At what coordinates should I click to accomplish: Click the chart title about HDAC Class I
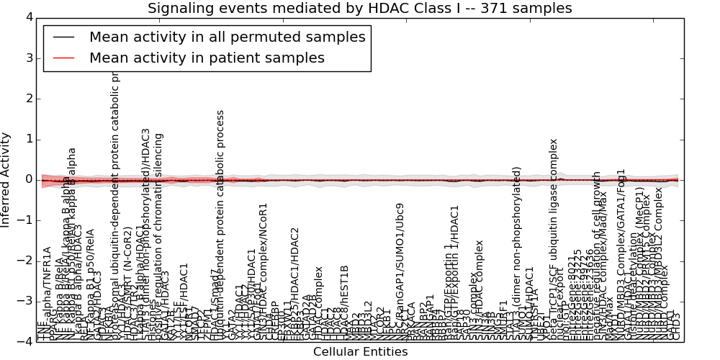[x=360, y=8]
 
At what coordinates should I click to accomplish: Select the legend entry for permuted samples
[x=227, y=37]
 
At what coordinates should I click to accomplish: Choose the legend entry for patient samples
[x=207, y=58]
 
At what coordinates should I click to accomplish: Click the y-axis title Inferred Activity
[x=6, y=179]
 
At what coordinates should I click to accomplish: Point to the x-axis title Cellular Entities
[x=360, y=352]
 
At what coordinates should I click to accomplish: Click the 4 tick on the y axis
[x=29, y=17]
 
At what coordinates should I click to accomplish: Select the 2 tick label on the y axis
[x=29, y=99]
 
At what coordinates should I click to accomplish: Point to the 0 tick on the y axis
[x=29, y=179]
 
